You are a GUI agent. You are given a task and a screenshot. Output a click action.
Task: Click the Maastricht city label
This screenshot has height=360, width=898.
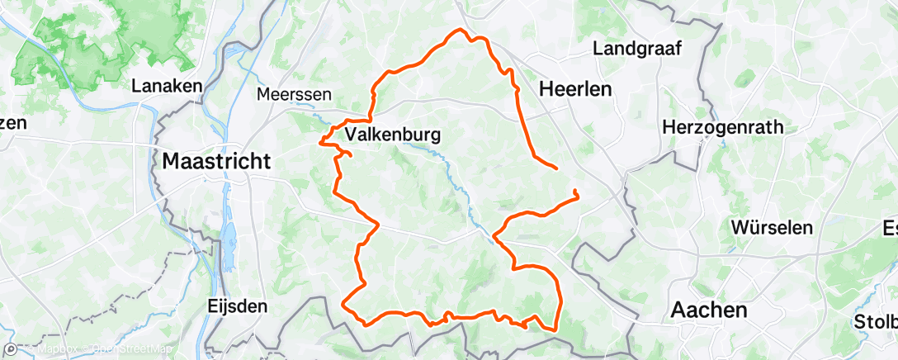[216, 161]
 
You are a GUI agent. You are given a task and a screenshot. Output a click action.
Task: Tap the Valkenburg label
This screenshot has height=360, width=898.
[392, 134]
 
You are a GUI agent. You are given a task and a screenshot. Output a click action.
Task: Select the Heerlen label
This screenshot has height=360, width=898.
[574, 90]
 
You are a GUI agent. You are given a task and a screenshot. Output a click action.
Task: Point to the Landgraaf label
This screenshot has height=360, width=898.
[636, 49]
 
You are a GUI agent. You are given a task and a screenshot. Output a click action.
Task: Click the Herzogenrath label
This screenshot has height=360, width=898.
[723, 127]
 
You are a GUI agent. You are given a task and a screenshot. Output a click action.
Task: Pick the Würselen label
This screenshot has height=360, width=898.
[773, 227]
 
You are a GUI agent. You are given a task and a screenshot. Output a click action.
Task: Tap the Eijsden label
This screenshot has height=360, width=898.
[237, 306]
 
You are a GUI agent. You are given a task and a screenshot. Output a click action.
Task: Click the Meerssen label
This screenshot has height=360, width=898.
[288, 94]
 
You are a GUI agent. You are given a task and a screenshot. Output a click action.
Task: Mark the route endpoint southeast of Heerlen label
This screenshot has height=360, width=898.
[556, 168]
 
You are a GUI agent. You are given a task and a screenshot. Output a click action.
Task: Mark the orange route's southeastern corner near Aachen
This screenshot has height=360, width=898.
[555, 328]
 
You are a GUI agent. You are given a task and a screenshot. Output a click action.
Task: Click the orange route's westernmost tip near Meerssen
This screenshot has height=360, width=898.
[320, 142]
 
